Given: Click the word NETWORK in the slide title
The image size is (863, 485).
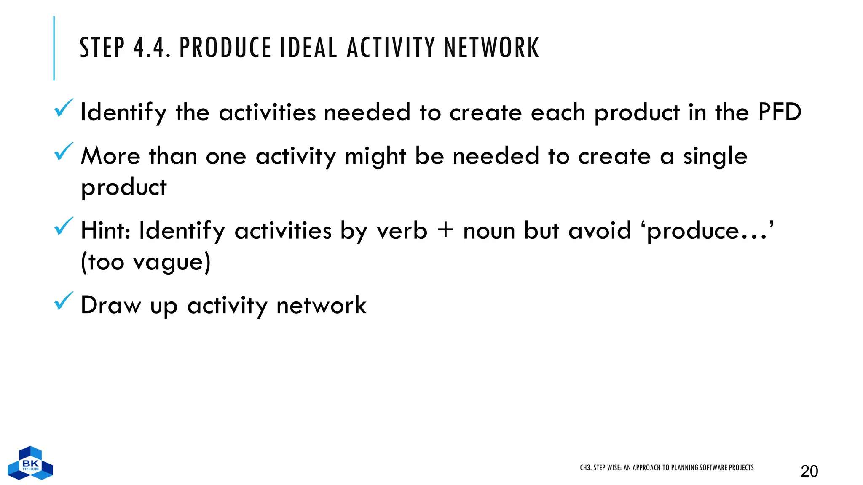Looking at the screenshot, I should point(491,48).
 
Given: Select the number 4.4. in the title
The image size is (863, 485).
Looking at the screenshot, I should point(152,48).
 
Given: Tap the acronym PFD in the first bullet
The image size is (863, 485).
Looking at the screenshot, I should point(779,112).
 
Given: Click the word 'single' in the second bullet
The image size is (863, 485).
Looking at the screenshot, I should point(715,157).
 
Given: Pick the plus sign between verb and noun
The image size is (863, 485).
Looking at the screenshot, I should point(445,231).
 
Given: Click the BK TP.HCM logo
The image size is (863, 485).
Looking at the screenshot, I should point(30,463).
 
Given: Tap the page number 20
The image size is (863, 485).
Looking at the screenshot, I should point(809,471).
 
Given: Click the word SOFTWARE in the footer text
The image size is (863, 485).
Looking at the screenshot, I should point(712,468).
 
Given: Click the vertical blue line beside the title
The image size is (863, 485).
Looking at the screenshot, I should point(54,48).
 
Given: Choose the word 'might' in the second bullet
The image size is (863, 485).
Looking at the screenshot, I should point(375,157).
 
